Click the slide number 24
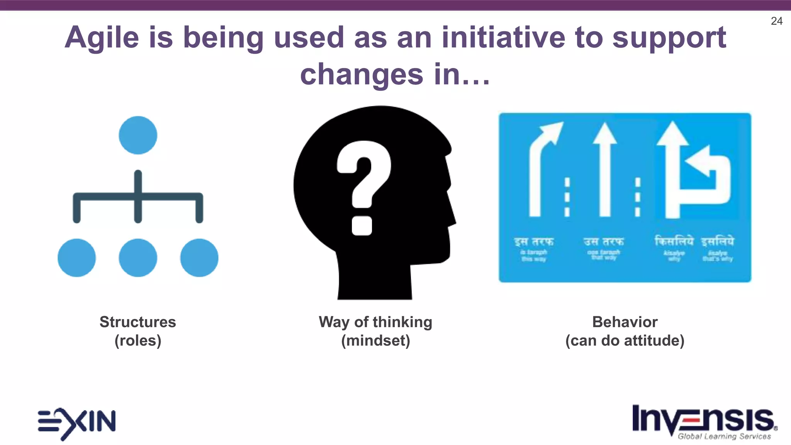tap(776, 21)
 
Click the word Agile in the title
tap(102, 38)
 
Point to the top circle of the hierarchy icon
tap(138, 135)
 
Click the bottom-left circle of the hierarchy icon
tap(76, 258)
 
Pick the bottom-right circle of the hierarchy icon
tap(199, 258)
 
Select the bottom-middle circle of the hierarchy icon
tap(138, 258)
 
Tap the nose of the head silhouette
tap(452, 216)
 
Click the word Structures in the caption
tap(138, 322)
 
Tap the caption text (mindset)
tap(375, 341)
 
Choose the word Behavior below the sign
tap(625, 322)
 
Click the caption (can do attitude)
tap(625, 341)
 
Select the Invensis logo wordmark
tap(703, 419)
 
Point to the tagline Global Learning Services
tap(724, 437)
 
